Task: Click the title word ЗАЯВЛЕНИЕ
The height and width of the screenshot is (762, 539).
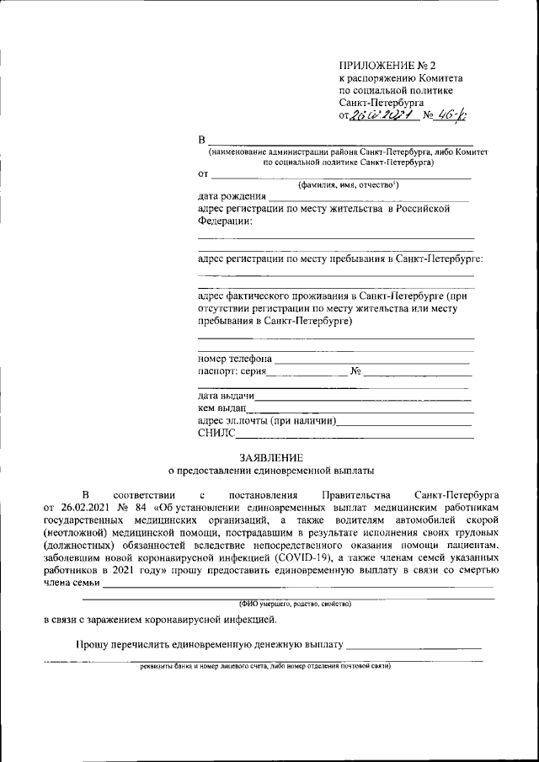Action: [x=269, y=456]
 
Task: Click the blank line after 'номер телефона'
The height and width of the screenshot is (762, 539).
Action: [x=371, y=360]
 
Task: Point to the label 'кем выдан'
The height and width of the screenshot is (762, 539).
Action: [x=221, y=408]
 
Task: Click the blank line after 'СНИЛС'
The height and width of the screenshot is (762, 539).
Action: [x=355, y=434]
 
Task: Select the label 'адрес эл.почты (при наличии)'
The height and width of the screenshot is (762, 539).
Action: [x=267, y=421]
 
